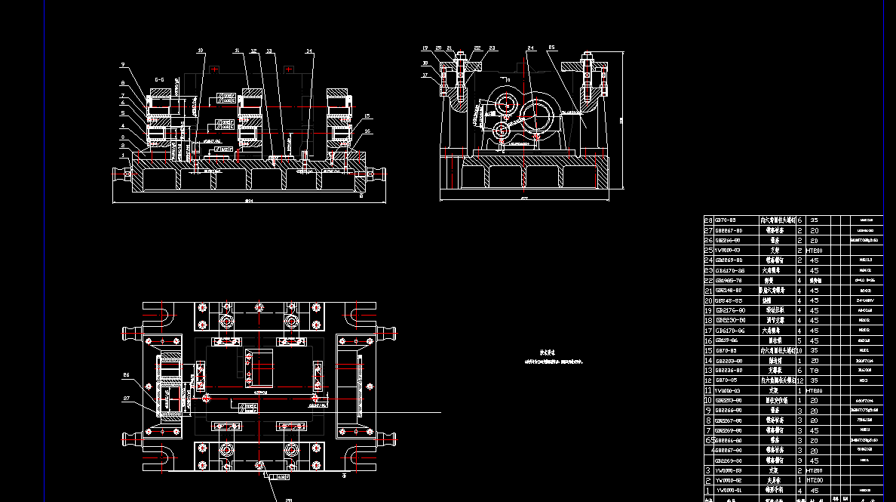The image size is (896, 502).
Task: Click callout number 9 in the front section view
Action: point(122,66)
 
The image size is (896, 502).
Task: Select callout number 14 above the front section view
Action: point(308,51)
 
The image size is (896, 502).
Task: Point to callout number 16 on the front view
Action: point(367,131)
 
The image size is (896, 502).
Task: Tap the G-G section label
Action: point(160,79)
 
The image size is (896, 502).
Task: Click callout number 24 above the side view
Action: point(530,48)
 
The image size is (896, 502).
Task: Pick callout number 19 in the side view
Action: point(425,48)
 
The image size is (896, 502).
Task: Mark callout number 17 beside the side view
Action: point(425,75)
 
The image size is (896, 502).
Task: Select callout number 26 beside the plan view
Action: point(126,374)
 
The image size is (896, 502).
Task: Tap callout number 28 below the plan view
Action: point(289,499)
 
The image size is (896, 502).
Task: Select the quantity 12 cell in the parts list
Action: point(799,380)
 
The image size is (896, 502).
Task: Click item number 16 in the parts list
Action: point(707,340)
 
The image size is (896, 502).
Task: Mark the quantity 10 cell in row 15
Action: point(799,350)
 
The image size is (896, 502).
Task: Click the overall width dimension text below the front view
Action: point(249,200)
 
